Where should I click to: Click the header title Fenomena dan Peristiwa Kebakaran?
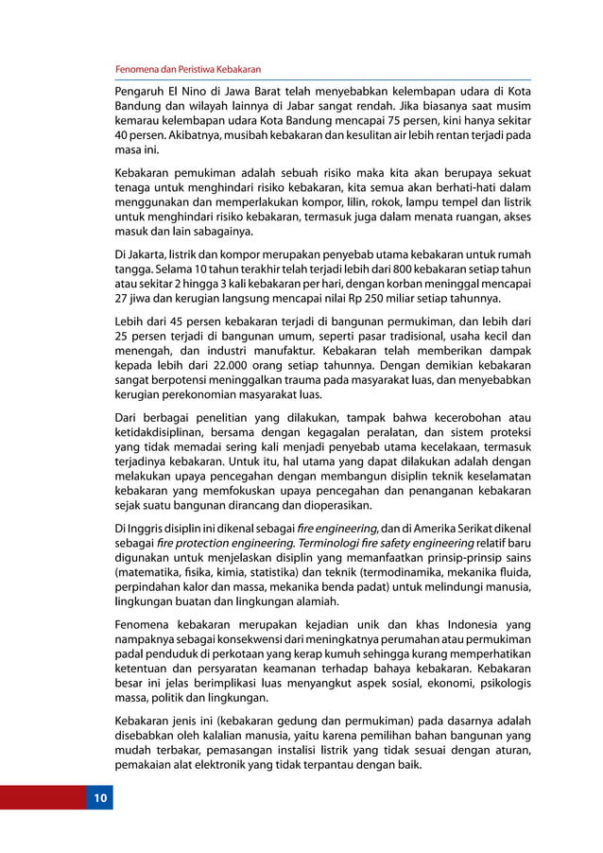pyautogui.click(x=187, y=70)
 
